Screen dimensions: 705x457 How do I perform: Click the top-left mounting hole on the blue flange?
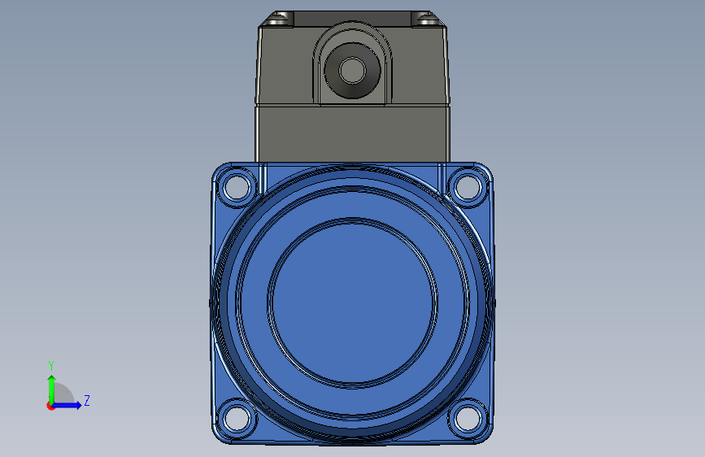[x=237, y=187]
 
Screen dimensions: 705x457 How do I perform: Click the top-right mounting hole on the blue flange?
[x=468, y=187]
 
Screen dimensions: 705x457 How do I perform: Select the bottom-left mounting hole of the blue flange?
[x=237, y=418]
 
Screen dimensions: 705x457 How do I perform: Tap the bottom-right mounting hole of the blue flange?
[x=468, y=418]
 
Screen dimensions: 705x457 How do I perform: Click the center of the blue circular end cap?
[x=353, y=302]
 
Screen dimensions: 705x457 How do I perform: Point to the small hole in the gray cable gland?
[x=353, y=71]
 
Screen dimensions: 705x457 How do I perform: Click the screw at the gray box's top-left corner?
[x=279, y=20]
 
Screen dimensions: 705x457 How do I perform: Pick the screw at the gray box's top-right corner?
[x=426, y=20]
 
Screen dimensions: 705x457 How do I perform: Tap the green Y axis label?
[x=51, y=365]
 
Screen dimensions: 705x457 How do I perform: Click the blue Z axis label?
[x=87, y=400]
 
